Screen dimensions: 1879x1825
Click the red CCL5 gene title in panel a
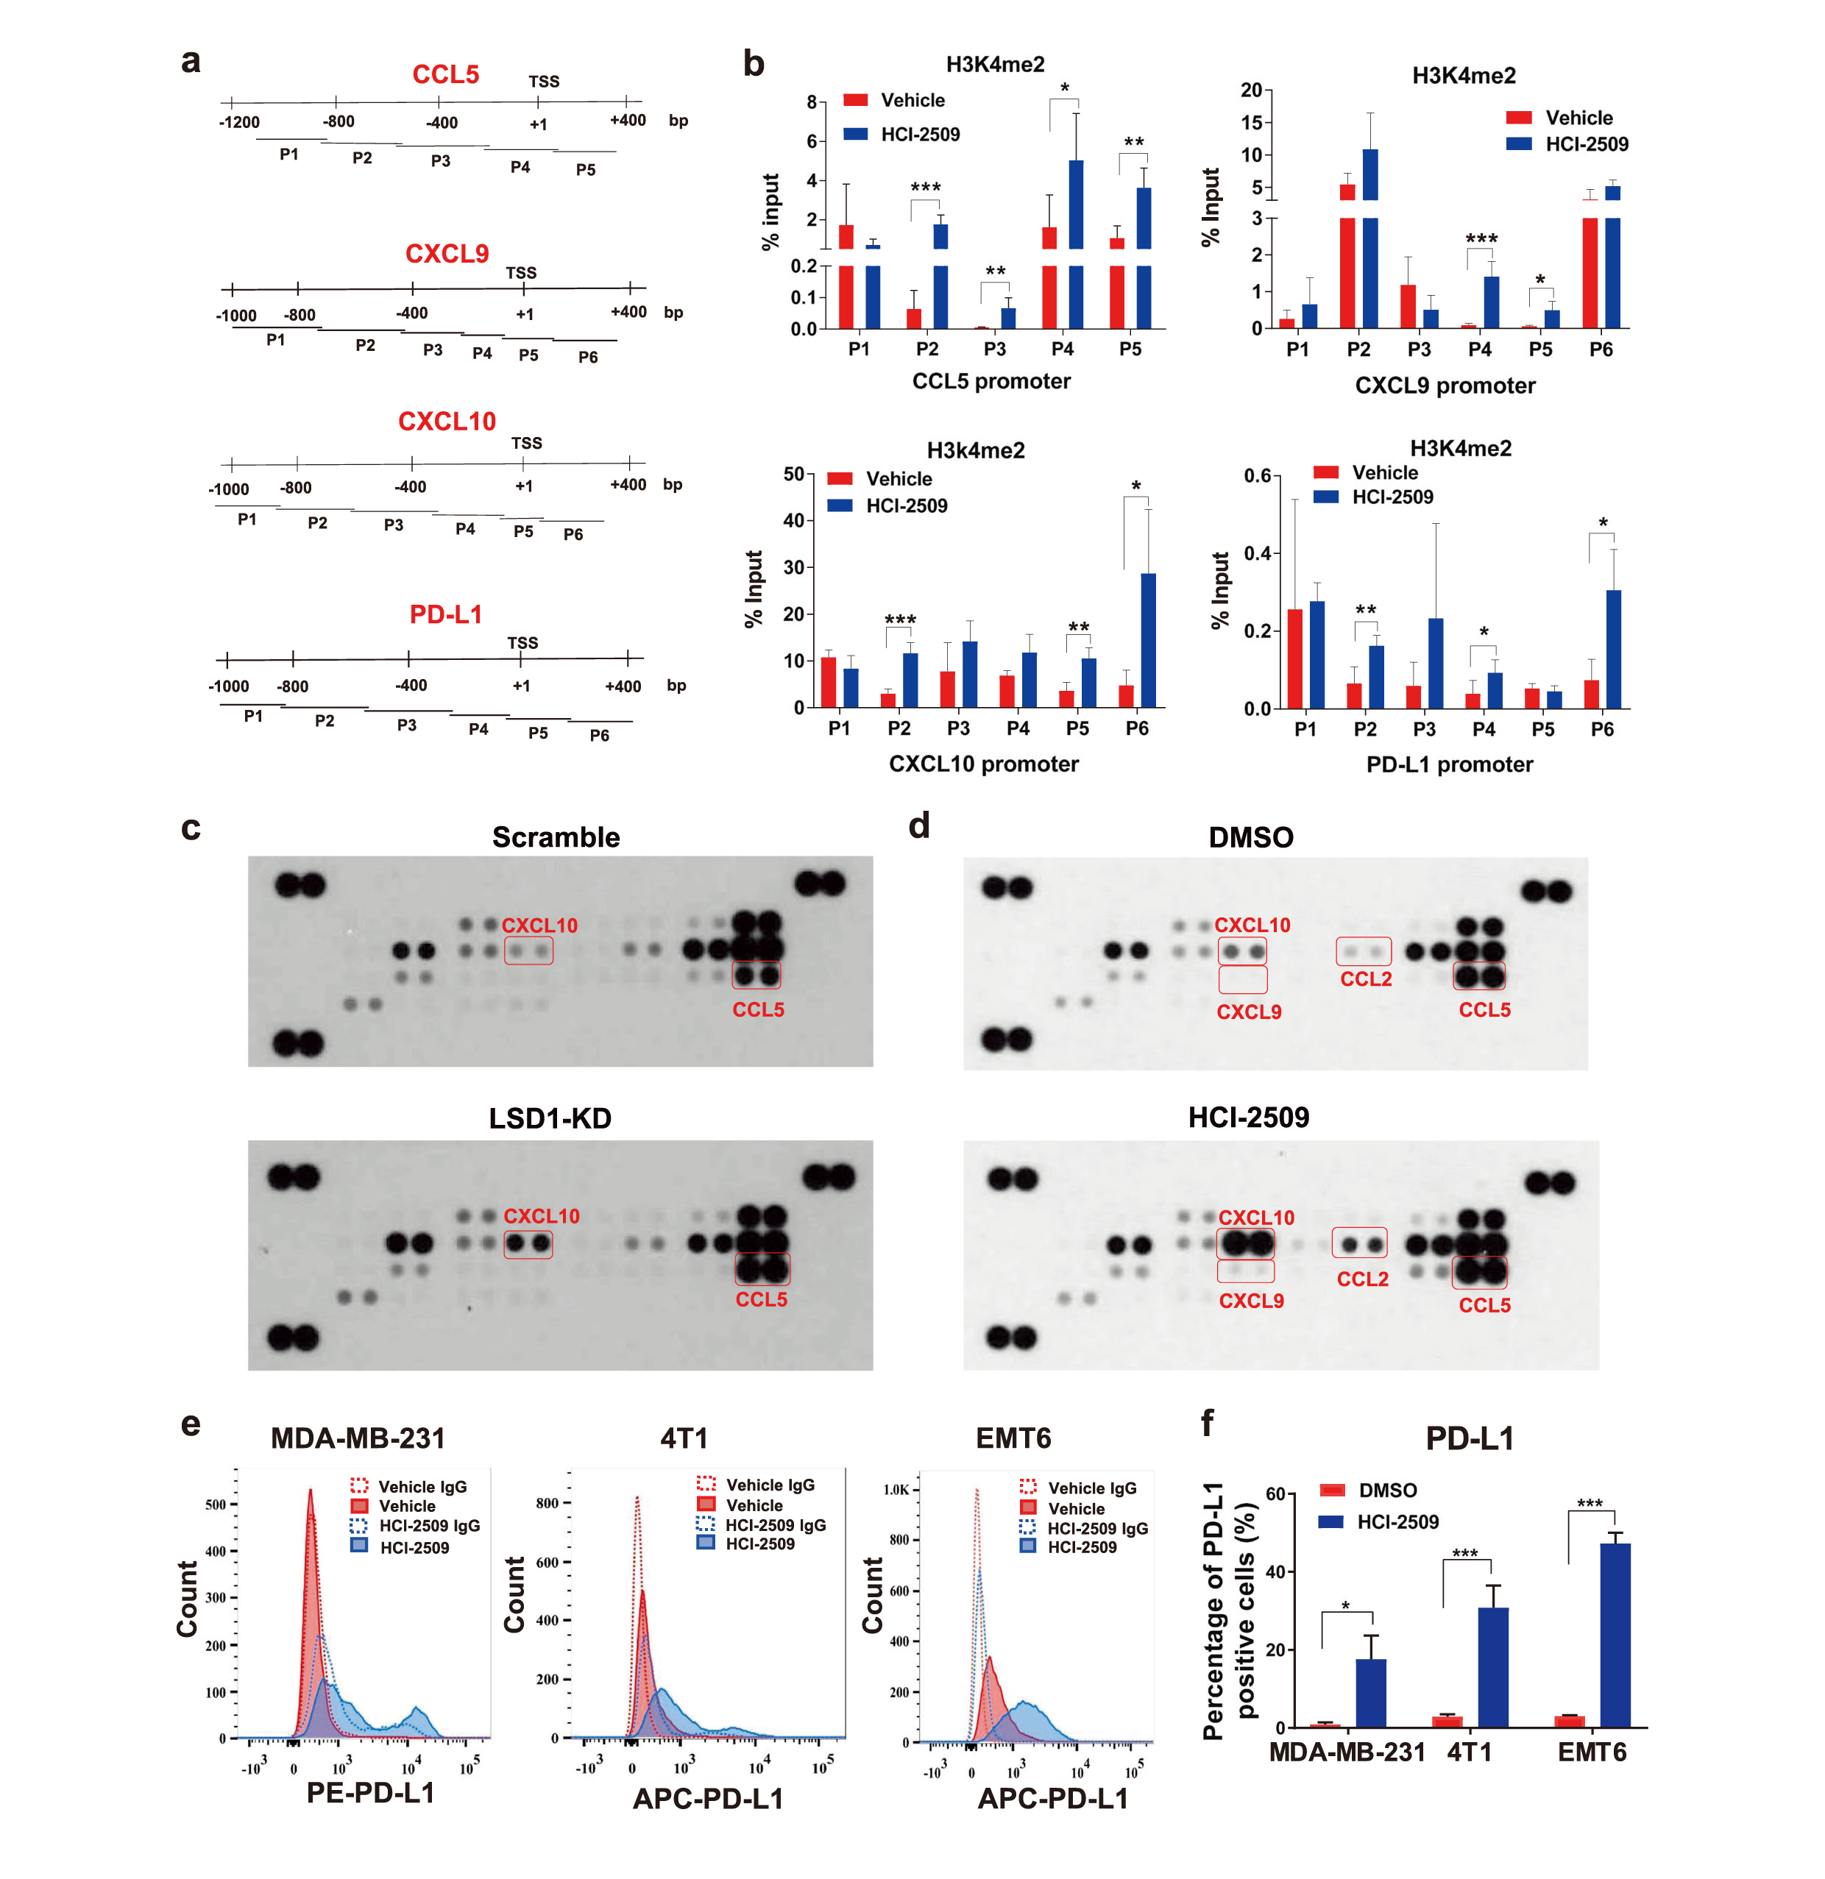click(x=445, y=75)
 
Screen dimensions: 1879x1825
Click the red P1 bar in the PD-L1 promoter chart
click(x=1294, y=658)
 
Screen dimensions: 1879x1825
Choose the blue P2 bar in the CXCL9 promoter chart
click(x=1369, y=240)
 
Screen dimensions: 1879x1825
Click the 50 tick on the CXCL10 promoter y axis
click(x=793, y=474)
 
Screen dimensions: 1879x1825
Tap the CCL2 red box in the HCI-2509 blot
click(x=1360, y=1243)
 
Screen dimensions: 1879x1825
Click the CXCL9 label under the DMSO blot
click(x=1249, y=1012)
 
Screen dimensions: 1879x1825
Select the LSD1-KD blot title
click(x=550, y=1118)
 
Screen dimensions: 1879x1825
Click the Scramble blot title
click(x=556, y=837)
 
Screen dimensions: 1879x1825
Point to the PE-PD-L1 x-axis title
click(x=370, y=1793)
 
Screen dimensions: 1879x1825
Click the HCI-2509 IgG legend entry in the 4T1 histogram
click(x=775, y=1524)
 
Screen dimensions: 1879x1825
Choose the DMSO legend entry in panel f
click(x=1386, y=1491)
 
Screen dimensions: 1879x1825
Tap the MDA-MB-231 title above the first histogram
click(x=358, y=1438)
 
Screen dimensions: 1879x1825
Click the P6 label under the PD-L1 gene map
click(x=600, y=735)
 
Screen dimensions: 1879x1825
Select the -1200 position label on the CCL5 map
click(x=238, y=123)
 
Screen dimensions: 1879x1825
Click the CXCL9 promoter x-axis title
click(x=1445, y=386)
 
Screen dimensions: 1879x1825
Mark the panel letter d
click(x=918, y=825)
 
